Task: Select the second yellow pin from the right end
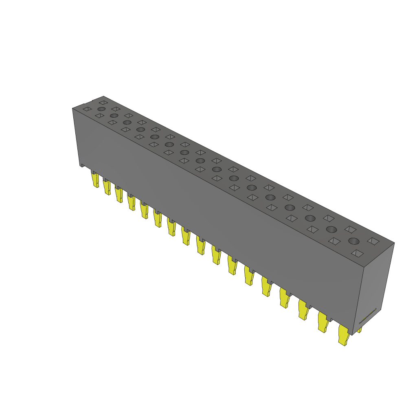point(323,322)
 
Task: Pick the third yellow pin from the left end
point(119,194)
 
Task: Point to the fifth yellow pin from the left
point(144,210)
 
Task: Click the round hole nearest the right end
point(353,241)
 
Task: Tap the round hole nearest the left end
point(101,109)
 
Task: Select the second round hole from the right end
point(331,229)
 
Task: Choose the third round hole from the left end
point(127,122)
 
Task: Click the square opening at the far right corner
point(373,241)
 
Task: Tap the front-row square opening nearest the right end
point(358,253)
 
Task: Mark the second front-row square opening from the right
point(334,241)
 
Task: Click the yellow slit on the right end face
point(367,316)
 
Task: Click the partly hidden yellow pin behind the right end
point(360,330)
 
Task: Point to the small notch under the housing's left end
point(83,166)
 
